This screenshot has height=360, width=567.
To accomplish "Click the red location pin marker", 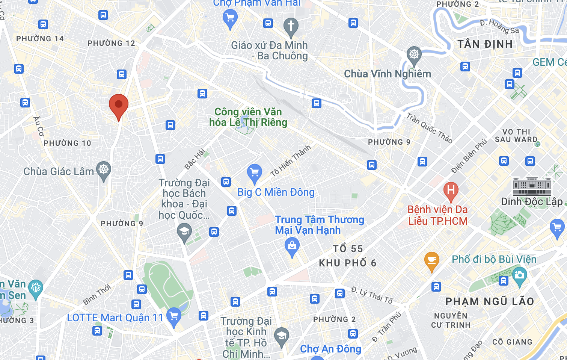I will pos(119,105).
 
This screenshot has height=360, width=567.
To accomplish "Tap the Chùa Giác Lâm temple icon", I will pos(104,170).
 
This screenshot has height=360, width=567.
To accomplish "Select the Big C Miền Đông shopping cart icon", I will pos(255,173).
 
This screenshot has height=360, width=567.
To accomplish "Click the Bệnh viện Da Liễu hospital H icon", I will pos(451,191).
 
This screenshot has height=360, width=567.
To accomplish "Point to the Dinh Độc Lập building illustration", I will pos(532,186).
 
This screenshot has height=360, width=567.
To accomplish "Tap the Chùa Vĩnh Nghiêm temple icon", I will pos(414,55).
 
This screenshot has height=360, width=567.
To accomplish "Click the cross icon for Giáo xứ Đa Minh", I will pos(291,26).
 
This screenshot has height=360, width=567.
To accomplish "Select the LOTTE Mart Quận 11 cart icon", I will pos(174,316).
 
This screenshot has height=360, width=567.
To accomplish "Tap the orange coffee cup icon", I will pos(431,260).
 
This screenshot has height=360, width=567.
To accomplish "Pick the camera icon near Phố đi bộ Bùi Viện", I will pos(519,275).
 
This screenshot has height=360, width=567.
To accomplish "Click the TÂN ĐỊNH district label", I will pos(485,44).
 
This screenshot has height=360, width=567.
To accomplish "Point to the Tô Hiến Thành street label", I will pos(291,161).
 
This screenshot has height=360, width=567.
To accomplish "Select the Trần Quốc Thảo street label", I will pos(429,128).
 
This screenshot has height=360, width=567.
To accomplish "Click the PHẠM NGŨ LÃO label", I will pos(489,301).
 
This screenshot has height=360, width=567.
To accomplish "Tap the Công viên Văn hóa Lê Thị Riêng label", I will pos(248,117).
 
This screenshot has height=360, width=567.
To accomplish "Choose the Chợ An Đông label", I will pos(330,349).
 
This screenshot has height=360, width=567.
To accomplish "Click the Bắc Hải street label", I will pos(195,159).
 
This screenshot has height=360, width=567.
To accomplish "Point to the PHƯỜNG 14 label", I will pos(40,39).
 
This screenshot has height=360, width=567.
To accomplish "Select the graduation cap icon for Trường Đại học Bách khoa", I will pos(184,231).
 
